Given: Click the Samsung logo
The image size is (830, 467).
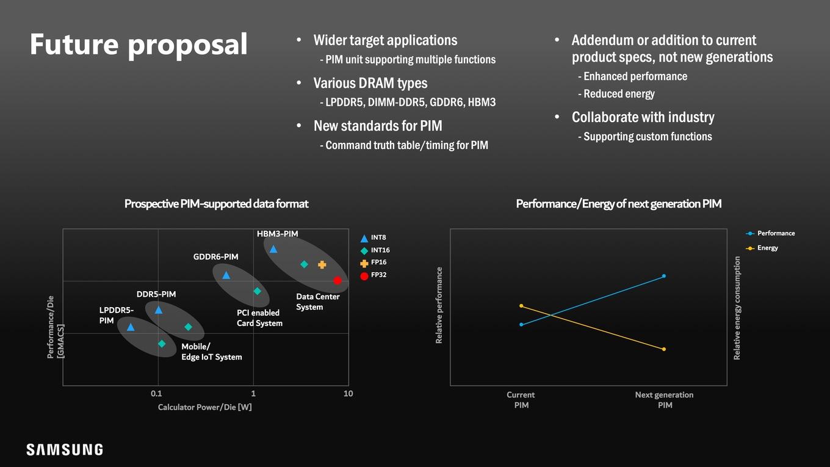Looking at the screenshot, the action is click(x=65, y=449).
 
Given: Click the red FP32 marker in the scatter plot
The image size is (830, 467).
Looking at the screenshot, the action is click(x=337, y=280).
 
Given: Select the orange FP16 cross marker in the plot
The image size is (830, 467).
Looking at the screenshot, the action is click(x=322, y=265).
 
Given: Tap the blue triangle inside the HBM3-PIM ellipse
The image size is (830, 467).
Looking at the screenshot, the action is click(x=273, y=250).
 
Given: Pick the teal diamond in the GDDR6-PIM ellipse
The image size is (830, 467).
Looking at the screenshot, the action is click(x=257, y=291).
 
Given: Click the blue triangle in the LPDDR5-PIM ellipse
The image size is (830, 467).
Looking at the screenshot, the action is click(x=131, y=327).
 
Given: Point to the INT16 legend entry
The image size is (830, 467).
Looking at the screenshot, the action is click(x=375, y=250).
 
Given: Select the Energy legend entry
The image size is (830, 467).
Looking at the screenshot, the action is click(x=762, y=248).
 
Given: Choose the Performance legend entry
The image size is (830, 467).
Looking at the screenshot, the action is click(x=770, y=233).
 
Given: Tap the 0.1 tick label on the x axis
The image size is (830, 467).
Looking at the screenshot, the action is click(x=156, y=394).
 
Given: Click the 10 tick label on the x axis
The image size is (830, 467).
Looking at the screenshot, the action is click(x=348, y=394).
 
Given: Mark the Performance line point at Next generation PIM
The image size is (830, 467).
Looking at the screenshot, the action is click(x=664, y=276).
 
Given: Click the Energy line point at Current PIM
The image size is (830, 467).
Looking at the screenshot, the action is click(x=521, y=306).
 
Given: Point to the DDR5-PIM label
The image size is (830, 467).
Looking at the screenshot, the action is click(x=156, y=294).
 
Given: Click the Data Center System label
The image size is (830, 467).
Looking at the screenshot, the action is click(x=317, y=302).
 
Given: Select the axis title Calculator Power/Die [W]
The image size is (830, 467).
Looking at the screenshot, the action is click(x=205, y=407).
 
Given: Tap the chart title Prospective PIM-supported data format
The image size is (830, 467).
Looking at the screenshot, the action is click(x=217, y=204).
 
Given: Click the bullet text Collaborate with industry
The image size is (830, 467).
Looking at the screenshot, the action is click(x=643, y=117).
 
